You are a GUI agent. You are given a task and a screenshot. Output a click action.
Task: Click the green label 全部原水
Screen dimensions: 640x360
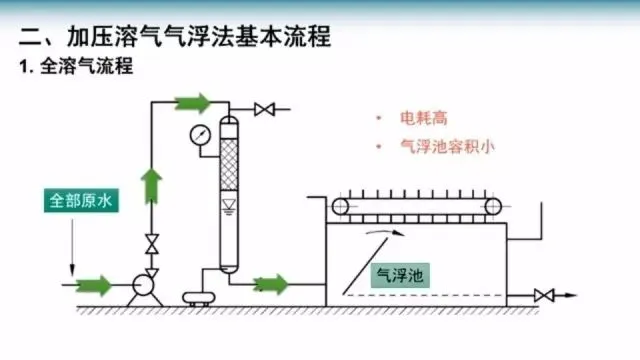point(81,200)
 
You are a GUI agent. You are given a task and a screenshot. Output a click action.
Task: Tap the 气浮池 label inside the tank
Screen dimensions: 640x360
point(400,276)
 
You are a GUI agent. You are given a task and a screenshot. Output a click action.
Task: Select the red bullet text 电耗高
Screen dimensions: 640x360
point(424,118)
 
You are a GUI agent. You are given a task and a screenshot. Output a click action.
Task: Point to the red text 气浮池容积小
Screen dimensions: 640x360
point(447,147)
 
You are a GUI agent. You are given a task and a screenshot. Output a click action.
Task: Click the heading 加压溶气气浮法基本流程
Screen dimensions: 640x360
point(199,37)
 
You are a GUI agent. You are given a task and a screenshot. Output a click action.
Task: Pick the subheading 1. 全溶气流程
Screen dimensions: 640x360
point(76,66)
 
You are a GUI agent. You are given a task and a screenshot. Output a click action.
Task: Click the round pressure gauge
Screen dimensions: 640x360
point(200,136)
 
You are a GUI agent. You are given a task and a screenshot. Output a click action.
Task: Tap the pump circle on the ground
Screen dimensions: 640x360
point(143,285)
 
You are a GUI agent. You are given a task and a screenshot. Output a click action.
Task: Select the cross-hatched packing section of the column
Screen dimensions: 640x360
point(229,164)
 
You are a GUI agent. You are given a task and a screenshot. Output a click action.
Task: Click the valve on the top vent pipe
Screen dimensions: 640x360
point(264,109)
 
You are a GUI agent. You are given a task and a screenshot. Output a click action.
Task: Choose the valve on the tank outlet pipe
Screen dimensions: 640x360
point(544,295)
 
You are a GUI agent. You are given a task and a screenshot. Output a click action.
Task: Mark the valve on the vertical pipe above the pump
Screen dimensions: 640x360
point(152,244)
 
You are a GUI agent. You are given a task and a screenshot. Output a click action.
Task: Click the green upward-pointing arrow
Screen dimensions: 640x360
point(151,186)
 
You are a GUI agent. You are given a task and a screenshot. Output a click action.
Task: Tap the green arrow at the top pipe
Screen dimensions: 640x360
point(193,103)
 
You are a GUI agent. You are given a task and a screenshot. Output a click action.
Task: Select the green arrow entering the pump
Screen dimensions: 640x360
point(94,285)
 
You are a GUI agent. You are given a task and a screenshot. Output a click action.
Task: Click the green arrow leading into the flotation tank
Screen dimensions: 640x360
point(270,284)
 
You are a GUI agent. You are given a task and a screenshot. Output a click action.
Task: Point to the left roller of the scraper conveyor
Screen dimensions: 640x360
point(340,207)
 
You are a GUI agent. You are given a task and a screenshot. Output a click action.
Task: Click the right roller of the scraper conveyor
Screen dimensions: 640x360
point(493,207)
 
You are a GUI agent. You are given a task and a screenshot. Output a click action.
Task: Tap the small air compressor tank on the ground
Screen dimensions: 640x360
point(199,298)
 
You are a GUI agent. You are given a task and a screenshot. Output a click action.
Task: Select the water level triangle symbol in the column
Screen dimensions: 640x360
point(229,204)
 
